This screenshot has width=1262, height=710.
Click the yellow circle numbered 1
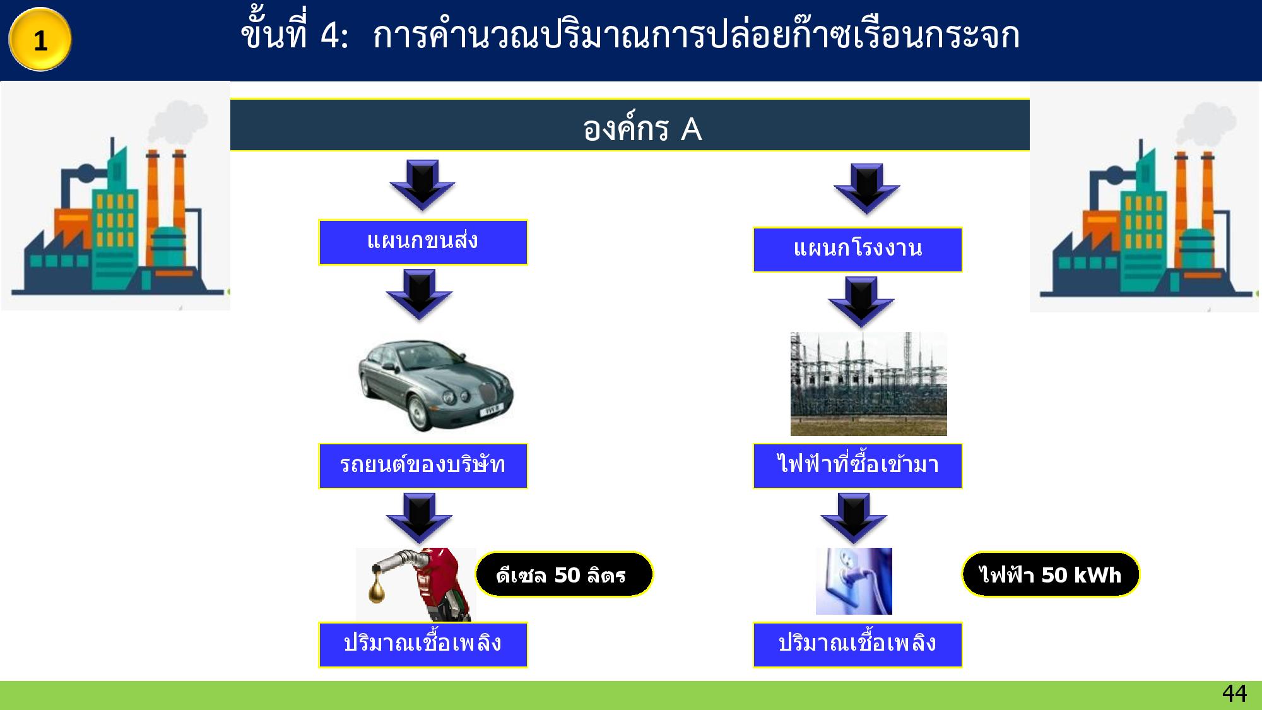coord(40,40)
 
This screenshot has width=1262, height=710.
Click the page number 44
coord(1234,694)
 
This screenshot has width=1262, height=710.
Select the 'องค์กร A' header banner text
coord(642,129)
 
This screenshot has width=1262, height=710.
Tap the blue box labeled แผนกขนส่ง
coord(423,242)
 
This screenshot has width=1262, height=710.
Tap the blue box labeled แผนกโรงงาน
coord(858,249)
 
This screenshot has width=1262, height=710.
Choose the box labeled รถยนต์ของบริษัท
coord(423,466)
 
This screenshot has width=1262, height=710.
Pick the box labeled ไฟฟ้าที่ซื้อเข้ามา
coord(858,466)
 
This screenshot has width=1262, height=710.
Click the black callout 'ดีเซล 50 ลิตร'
coord(563,574)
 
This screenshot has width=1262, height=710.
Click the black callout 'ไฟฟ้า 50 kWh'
coord(1051,574)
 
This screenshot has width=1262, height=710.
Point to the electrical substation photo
coord(868,384)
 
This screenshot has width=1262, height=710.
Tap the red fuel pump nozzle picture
coord(416,584)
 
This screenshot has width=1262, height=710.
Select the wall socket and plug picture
coord(854,581)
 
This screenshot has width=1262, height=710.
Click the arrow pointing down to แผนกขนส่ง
coord(422,184)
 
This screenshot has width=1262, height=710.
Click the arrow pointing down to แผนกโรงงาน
coord(866,188)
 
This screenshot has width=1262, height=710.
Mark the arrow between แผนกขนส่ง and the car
coord(419,294)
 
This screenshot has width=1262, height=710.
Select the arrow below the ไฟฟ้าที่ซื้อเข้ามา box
coord(854,518)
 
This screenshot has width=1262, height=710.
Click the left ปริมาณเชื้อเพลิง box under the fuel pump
coord(423,644)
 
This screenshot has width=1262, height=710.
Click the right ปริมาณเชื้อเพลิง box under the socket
coord(858,644)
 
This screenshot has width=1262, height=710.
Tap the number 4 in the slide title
coord(330,36)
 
